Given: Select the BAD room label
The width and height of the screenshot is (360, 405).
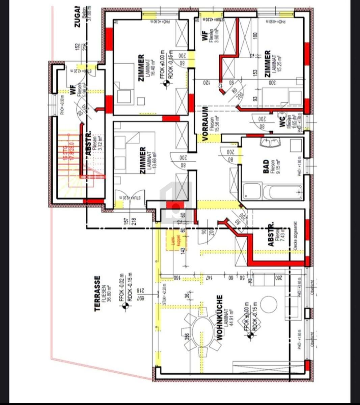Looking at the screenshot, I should pyautogui.click(x=266, y=167).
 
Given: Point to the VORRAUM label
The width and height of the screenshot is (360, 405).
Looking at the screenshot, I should pyautogui.click(x=204, y=123).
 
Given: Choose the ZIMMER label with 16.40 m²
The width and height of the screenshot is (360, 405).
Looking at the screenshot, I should pyautogui.click(x=141, y=68).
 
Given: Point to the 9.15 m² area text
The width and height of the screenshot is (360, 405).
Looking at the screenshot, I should pyautogui.click(x=278, y=167).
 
